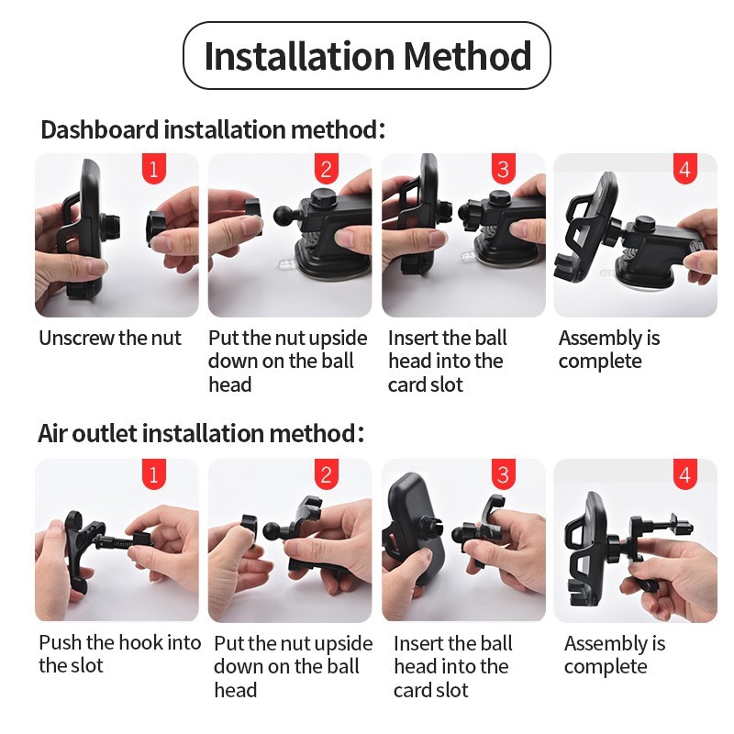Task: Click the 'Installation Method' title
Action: pyautogui.click(x=368, y=56)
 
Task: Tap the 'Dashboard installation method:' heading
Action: pyautogui.click(x=213, y=129)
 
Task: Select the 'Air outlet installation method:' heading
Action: pyautogui.click(x=201, y=433)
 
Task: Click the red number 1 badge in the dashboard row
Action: pyautogui.click(x=154, y=169)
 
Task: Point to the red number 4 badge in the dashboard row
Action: pyautogui.click(x=684, y=169)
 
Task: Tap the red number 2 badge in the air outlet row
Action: pyautogui.click(x=327, y=474)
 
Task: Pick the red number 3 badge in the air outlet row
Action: pyautogui.click(x=503, y=474)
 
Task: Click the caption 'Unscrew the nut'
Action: pyautogui.click(x=110, y=338)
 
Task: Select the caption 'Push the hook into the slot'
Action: pyautogui.click(x=120, y=654)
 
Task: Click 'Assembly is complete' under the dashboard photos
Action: pyautogui.click(x=609, y=350)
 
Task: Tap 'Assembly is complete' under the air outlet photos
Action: pyautogui.click(x=615, y=655)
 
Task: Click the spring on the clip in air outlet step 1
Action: pyautogui.click(x=123, y=543)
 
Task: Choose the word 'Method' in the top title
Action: pyautogui.click(x=467, y=56)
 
